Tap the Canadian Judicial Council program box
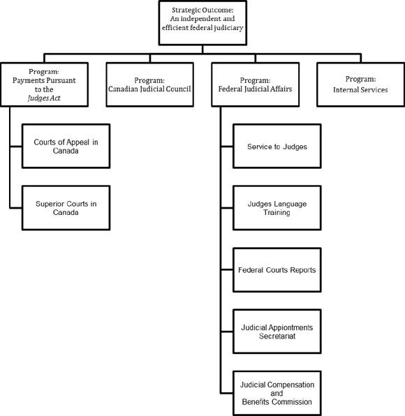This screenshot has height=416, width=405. pos(150,84)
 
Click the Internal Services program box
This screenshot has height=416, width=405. pos(360,84)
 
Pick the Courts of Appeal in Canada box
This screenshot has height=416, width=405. pos(66,146)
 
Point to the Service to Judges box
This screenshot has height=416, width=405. pos(277,147)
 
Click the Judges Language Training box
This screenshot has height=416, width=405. pos(277,208)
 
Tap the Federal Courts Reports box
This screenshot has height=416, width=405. pos(277,269)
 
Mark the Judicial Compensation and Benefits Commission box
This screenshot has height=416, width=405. pos(277,393)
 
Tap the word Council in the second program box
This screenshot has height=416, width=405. pos(175,89)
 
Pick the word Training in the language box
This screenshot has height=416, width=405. pos(277,213)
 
